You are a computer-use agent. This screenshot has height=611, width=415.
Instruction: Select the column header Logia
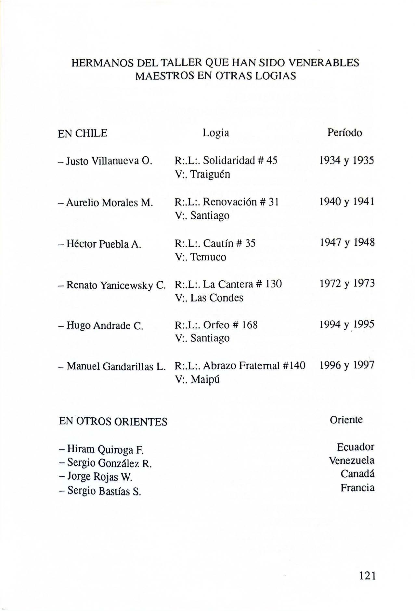click(x=216, y=133)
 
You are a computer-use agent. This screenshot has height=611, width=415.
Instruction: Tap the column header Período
click(x=344, y=133)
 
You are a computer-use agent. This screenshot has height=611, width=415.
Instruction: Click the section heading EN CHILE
click(x=83, y=133)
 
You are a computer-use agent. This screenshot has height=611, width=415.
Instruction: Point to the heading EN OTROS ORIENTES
click(x=113, y=422)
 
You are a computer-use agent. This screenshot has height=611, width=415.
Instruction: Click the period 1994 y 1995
click(x=347, y=324)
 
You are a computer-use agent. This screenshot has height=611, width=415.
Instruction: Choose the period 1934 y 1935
click(x=347, y=160)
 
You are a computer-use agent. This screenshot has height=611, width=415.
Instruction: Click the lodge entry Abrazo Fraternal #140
click(x=254, y=366)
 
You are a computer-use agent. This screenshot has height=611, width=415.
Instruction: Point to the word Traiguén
click(x=210, y=175)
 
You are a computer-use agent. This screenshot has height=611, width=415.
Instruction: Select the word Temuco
click(x=208, y=257)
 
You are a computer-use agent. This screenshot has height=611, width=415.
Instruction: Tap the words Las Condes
click(x=217, y=298)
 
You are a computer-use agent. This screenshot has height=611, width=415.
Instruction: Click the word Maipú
click(x=205, y=379)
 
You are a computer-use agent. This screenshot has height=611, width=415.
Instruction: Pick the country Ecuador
click(x=356, y=447)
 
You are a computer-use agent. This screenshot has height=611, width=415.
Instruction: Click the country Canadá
click(x=357, y=474)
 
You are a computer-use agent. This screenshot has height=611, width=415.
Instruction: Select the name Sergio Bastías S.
click(x=101, y=491)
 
